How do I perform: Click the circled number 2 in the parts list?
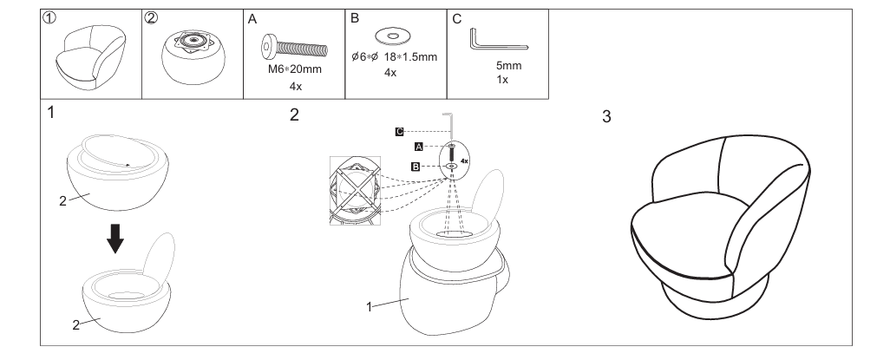point(152,18)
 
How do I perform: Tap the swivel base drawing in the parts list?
point(192,58)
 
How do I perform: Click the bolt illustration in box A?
point(296,43)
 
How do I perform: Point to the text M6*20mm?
point(295,69)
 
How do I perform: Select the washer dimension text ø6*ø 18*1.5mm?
point(394,57)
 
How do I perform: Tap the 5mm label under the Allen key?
point(503,66)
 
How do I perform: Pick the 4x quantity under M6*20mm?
point(295,86)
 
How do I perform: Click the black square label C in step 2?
point(400,131)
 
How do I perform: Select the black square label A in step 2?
point(420,147)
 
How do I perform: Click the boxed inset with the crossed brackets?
point(356,190)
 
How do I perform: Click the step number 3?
point(607,119)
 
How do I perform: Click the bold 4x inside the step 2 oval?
point(465,161)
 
